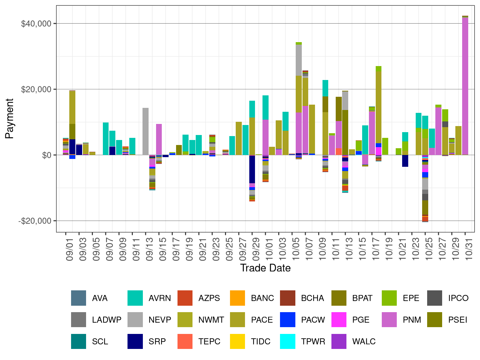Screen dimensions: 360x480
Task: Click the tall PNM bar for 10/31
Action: click(465, 86)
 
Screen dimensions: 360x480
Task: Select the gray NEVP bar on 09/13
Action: click(145, 131)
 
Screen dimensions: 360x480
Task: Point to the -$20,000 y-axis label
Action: click(35, 221)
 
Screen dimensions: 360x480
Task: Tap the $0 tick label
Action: click(46, 155)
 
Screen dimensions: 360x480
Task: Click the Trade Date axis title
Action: click(265, 268)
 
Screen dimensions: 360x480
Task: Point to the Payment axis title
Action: click(9, 119)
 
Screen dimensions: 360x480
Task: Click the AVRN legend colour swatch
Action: click(135, 298)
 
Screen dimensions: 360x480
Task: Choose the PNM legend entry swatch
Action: click(389, 320)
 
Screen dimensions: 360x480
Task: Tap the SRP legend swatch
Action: click(135, 341)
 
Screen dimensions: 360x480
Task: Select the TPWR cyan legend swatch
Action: click(287, 341)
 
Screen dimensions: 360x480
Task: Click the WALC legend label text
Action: click(364, 341)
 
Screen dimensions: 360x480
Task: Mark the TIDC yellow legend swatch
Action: click(237, 341)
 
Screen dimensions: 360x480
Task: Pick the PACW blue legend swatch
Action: click(287, 320)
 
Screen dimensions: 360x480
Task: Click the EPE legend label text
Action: click(411, 298)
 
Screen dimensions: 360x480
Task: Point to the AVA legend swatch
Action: click(79, 298)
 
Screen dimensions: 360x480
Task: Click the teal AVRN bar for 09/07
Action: click(106, 139)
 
